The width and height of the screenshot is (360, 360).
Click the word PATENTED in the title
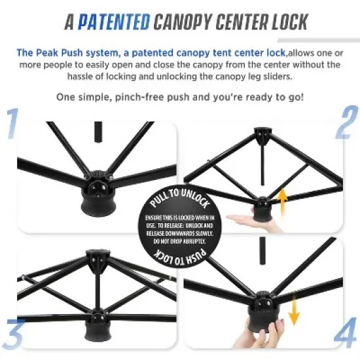tap(113, 22)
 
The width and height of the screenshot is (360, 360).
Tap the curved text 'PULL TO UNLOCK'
tap(180, 196)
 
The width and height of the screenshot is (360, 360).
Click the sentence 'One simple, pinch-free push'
tap(179, 98)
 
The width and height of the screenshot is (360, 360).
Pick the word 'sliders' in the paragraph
tap(281, 75)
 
